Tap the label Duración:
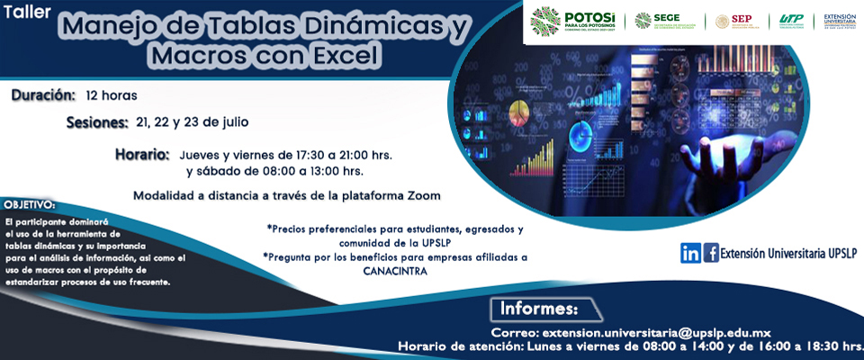[42, 94]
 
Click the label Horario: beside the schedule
[142, 155]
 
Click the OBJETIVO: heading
[29, 205]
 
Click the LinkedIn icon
[690, 253]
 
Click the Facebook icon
[711, 253]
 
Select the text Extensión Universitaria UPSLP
[789, 254]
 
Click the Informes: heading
[538, 310]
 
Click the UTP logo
[792, 20]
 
